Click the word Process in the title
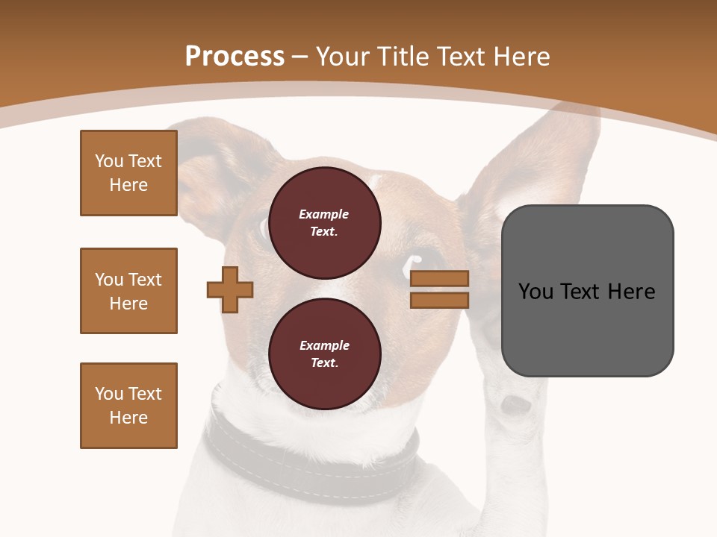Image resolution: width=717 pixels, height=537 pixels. click(x=235, y=57)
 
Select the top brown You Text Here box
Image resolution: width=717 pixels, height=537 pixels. click(x=128, y=173)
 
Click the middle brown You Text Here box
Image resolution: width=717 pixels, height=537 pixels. click(x=128, y=291)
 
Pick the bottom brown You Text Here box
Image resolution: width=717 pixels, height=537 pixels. click(x=128, y=406)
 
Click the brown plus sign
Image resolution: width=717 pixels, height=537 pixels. click(x=230, y=289)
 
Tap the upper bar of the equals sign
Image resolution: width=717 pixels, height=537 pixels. click(x=440, y=279)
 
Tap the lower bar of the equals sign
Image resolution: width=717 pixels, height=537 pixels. click(x=440, y=300)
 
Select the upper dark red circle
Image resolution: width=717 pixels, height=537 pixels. click(x=324, y=222)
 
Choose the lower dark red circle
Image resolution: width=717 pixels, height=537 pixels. click(x=324, y=354)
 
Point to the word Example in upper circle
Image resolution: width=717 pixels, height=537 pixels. click(x=323, y=214)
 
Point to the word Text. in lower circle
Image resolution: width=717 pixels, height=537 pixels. click(x=323, y=362)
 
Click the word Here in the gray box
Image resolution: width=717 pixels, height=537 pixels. click(x=631, y=291)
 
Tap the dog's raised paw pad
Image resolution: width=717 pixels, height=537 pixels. click(x=515, y=404)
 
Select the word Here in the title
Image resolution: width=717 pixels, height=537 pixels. click(x=520, y=57)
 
